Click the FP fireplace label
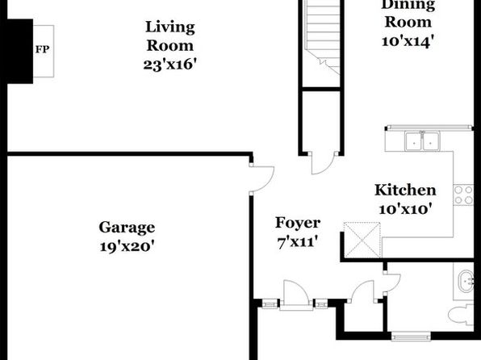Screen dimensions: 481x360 (x=42, y=49)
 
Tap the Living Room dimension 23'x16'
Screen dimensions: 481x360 (x=169, y=65)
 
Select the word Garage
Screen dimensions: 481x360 (x=127, y=228)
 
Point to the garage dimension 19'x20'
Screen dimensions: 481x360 (x=127, y=246)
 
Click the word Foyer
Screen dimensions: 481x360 (x=298, y=223)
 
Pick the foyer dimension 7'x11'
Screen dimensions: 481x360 (x=297, y=242)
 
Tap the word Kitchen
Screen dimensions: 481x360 (x=405, y=190)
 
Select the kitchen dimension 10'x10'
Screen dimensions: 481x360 (x=405, y=209)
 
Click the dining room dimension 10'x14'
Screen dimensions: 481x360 (x=408, y=41)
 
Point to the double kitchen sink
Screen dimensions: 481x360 (x=422, y=141)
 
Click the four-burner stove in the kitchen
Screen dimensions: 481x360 (x=463, y=195)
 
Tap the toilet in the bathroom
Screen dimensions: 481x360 (x=461, y=314)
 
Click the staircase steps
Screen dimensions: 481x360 (x=321, y=34)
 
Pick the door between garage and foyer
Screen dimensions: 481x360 (x=261, y=179)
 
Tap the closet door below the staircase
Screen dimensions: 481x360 (x=323, y=163)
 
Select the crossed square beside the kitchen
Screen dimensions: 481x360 (x=362, y=240)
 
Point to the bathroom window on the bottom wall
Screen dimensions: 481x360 (x=411, y=337)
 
